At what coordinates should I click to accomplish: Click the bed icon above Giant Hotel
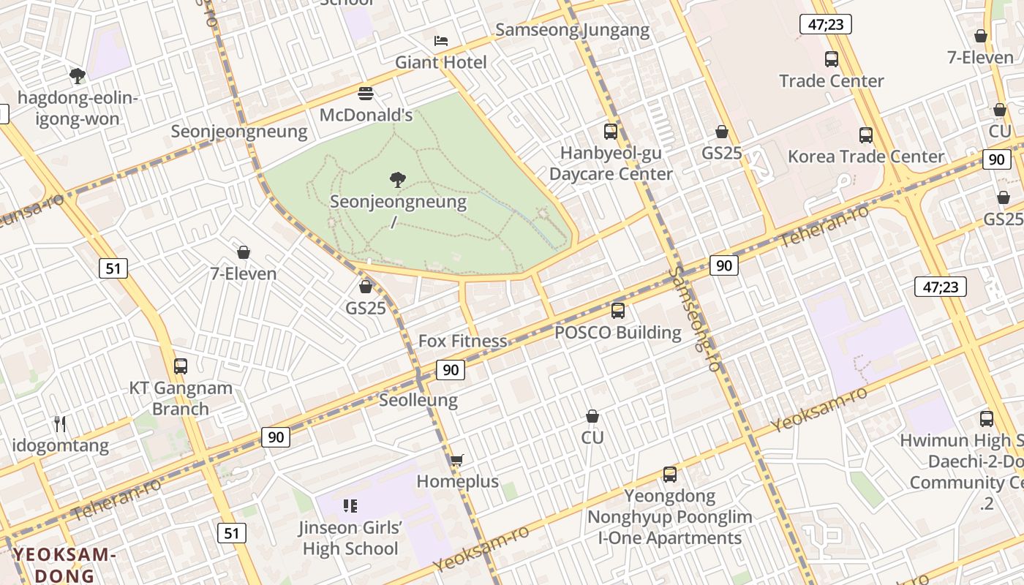[x=440, y=40]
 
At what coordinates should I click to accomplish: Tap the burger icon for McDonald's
[x=366, y=94]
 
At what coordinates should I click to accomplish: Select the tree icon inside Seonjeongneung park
[x=398, y=179]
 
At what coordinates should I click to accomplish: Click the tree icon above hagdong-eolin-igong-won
[x=78, y=75]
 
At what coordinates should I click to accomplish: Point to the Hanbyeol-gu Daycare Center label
[x=611, y=163]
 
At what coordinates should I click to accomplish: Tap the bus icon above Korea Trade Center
[x=866, y=135]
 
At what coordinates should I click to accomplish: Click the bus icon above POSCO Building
[x=618, y=311]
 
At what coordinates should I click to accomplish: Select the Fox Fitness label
[x=462, y=341]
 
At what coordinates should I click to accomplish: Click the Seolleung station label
[x=418, y=400]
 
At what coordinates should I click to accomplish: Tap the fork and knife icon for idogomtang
[x=61, y=423]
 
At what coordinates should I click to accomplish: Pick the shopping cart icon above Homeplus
[x=457, y=460]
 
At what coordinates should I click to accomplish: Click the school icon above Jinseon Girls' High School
[x=350, y=505]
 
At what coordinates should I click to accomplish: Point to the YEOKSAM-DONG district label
[x=65, y=565]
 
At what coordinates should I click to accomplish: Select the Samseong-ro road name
[x=695, y=318]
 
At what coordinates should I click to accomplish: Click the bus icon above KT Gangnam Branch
[x=181, y=366]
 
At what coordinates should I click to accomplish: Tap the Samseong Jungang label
[x=572, y=30]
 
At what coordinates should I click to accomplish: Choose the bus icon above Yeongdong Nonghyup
[x=670, y=475]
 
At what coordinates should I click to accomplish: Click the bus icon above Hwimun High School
[x=987, y=419]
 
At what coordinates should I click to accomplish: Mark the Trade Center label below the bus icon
[x=832, y=80]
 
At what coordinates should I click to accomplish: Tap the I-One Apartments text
[x=670, y=538]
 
